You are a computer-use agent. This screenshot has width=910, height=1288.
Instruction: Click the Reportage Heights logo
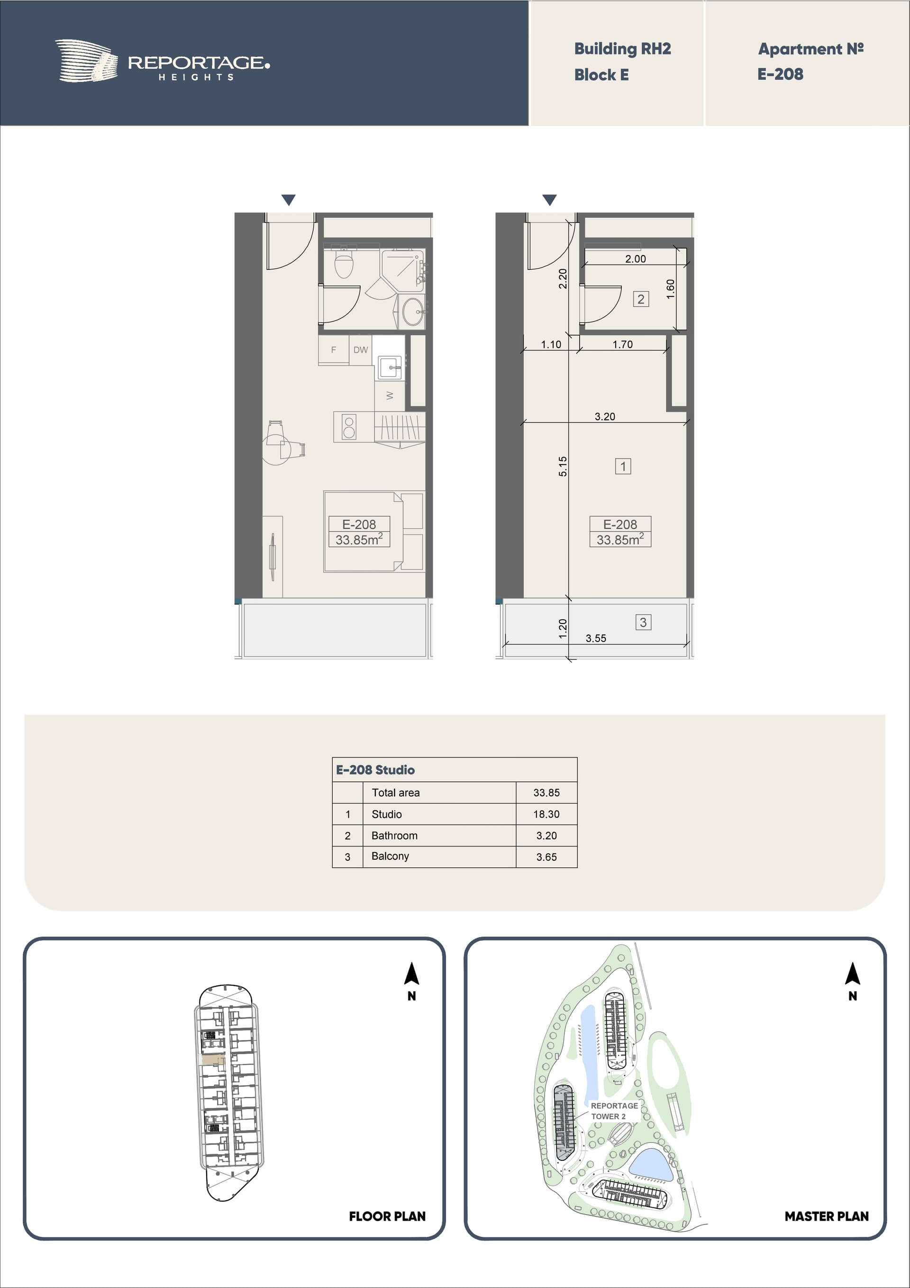click(163, 61)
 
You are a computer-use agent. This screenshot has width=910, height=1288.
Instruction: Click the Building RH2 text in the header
click(622, 49)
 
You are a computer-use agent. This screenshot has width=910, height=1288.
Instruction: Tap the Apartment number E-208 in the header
click(780, 74)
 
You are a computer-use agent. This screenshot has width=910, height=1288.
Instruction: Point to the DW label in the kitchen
click(361, 350)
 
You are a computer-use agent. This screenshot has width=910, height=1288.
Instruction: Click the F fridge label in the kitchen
click(334, 350)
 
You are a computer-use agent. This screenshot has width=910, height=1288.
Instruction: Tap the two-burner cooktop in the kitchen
click(349, 427)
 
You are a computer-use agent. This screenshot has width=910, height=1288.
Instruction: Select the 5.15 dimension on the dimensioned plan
click(563, 466)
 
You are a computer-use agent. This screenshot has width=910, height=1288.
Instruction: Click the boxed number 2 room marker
click(641, 299)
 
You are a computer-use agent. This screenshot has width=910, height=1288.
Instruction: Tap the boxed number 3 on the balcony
click(643, 622)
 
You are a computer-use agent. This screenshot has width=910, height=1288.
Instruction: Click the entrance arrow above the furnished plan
click(288, 200)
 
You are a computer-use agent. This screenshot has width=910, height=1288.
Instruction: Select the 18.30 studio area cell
click(546, 814)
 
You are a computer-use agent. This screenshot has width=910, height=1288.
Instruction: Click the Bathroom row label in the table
click(394, 835)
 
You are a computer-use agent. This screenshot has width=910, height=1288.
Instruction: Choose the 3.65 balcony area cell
click(546, 856)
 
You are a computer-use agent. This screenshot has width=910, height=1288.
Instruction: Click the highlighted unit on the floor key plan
click(213, 1060)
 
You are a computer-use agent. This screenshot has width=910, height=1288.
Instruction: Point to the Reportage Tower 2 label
click(614, 1111)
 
